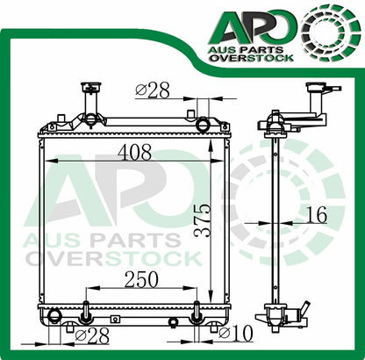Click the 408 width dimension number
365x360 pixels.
(134, 152)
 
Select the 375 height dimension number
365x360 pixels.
(203, 220)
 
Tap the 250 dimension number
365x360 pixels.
(141, 279)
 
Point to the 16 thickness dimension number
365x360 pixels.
(317, 215)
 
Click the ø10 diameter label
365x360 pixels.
(235, 334)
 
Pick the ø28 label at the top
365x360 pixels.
(153, 90)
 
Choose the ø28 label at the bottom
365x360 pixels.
(92, 335)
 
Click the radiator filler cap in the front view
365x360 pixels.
(91, 87)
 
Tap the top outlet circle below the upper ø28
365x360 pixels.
(203, 125)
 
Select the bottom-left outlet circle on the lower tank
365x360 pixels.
(54, 315)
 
